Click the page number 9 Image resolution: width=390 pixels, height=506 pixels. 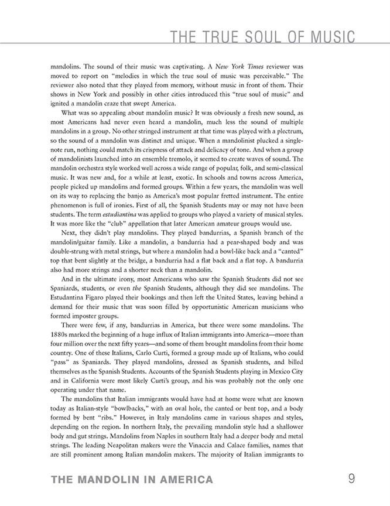351,480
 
